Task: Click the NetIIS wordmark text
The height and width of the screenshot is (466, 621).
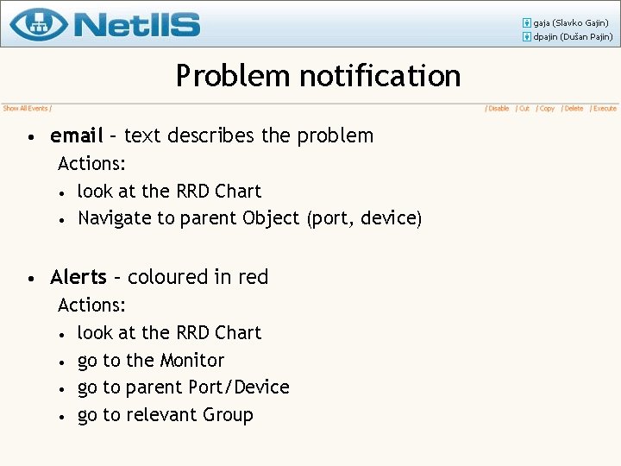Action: (x=137, y=24)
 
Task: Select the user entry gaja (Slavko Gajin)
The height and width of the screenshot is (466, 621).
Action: (x=571, y=22)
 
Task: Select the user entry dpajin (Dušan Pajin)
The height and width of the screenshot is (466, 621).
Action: (x=573, y=37)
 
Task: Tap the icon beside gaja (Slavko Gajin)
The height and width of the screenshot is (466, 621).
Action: (x=526, y=22)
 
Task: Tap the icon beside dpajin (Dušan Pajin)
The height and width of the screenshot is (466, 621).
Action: (x=526, y=37)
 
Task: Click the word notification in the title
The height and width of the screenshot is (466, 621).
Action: (x=380, y=76)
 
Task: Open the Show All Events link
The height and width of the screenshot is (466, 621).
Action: (x=25, y=109)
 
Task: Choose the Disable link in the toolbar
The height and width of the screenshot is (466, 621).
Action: (x=499, y=109)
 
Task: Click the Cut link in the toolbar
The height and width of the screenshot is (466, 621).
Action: (x=524, y=109)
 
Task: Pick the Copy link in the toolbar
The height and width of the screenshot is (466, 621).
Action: (x=547, y=109)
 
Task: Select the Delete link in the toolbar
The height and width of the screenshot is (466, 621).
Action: (x=574, y=109)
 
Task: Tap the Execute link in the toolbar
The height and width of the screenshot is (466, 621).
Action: (x=605, y=109)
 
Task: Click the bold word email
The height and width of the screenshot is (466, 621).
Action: (x=77, y=135)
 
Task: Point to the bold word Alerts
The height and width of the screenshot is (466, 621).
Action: (x=78, y=277)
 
